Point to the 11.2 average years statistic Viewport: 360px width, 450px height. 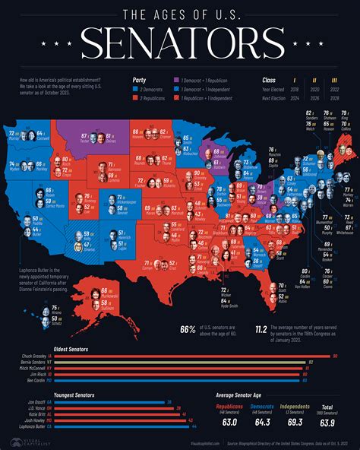point(260,330)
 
